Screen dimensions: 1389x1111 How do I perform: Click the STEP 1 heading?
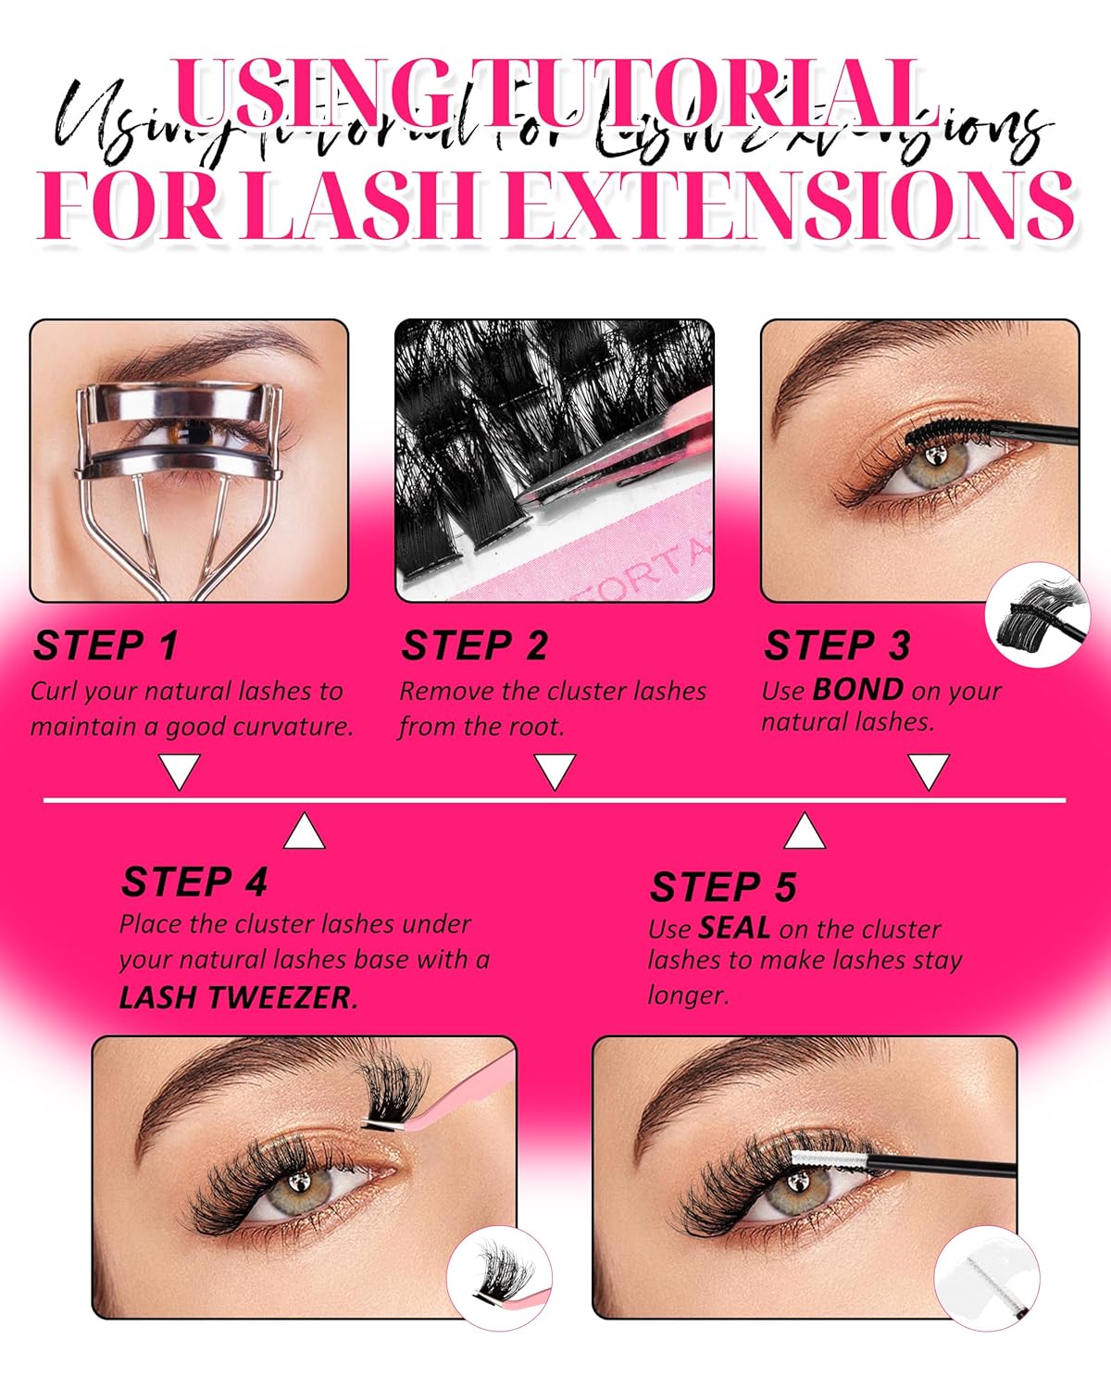(106, 645)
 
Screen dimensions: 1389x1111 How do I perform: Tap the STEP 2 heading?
(474, 645)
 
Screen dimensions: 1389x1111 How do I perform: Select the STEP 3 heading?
(837, 645)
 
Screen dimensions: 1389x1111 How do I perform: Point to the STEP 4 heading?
(193, 882)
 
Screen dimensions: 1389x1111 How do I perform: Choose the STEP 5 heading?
(722, 887)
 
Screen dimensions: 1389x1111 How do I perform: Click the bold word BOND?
(857, 690)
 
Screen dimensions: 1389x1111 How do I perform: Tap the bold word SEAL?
(735, 928)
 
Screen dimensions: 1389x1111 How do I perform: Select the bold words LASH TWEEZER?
(238, 997)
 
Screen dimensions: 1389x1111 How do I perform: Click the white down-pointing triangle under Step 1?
(181, 770)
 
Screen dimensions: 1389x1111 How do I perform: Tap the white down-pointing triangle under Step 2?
(555, 770)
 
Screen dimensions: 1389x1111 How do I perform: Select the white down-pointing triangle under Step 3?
(929, 770)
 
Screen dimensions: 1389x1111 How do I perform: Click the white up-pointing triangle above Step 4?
(305, 832)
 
